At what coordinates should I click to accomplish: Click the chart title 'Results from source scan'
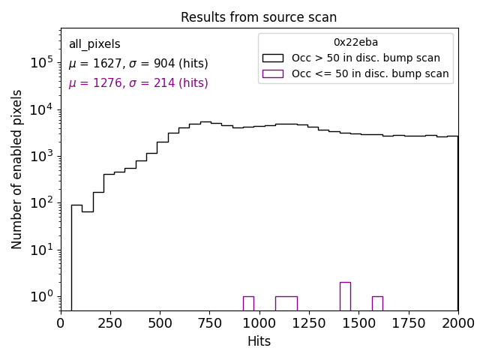point(259,17)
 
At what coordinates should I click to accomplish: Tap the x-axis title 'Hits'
point(259,341)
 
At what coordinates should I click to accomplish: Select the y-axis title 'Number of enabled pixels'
point(17,169)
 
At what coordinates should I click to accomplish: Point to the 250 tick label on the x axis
point(110,322)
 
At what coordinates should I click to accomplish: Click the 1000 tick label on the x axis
point(259,322)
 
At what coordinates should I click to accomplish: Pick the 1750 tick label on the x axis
point(408,322)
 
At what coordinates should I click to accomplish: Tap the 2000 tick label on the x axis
point(457,322)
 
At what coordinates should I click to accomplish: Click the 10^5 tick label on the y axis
point(42,63)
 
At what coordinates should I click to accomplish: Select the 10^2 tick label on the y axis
point(42,203)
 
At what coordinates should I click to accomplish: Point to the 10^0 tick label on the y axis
point(42,296)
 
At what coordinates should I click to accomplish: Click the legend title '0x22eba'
point(355,43)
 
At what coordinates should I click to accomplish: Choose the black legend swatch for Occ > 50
point(273,58)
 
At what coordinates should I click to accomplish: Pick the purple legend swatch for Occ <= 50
point(273,73)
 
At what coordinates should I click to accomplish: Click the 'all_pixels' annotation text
point(94,44)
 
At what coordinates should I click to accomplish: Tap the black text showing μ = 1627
point(138,64)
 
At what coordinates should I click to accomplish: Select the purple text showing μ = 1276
point(138,83)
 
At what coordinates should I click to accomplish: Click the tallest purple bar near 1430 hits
point(345,296)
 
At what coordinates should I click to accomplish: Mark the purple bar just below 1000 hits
point(248,303)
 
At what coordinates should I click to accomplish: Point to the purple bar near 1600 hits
point(377,303)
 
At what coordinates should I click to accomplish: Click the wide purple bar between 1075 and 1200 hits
point(286,303)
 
